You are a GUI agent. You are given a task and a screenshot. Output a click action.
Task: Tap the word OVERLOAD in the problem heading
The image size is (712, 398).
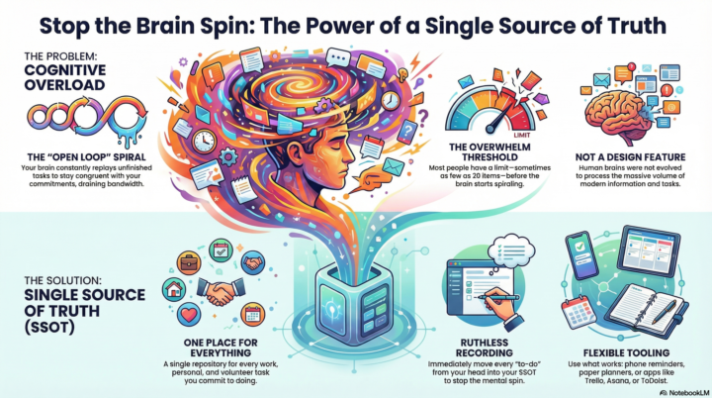(x=64, y=85)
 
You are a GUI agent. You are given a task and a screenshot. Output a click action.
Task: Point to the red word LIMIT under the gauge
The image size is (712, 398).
(x=522, y=135)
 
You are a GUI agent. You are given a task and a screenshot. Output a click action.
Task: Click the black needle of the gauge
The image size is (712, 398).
(x=500, y=119)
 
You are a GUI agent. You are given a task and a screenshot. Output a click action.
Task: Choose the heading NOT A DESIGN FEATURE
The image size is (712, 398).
(x=630, y=157)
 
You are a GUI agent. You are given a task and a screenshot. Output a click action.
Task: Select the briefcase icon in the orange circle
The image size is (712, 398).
(x=189, y=262)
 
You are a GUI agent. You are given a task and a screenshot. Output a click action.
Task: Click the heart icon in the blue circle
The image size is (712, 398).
(x=189, y=315)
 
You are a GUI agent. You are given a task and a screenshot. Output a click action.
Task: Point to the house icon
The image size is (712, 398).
(x=174, y=290)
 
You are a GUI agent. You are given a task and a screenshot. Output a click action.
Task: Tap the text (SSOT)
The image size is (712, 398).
(x=49, y=327)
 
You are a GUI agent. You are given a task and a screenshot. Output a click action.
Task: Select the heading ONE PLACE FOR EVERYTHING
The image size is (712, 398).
(x=221, y=348)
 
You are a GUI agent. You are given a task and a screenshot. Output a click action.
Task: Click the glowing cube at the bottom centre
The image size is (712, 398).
(x=354, y=305)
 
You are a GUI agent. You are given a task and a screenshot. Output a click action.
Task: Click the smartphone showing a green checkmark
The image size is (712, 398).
(x=582, y=254)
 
